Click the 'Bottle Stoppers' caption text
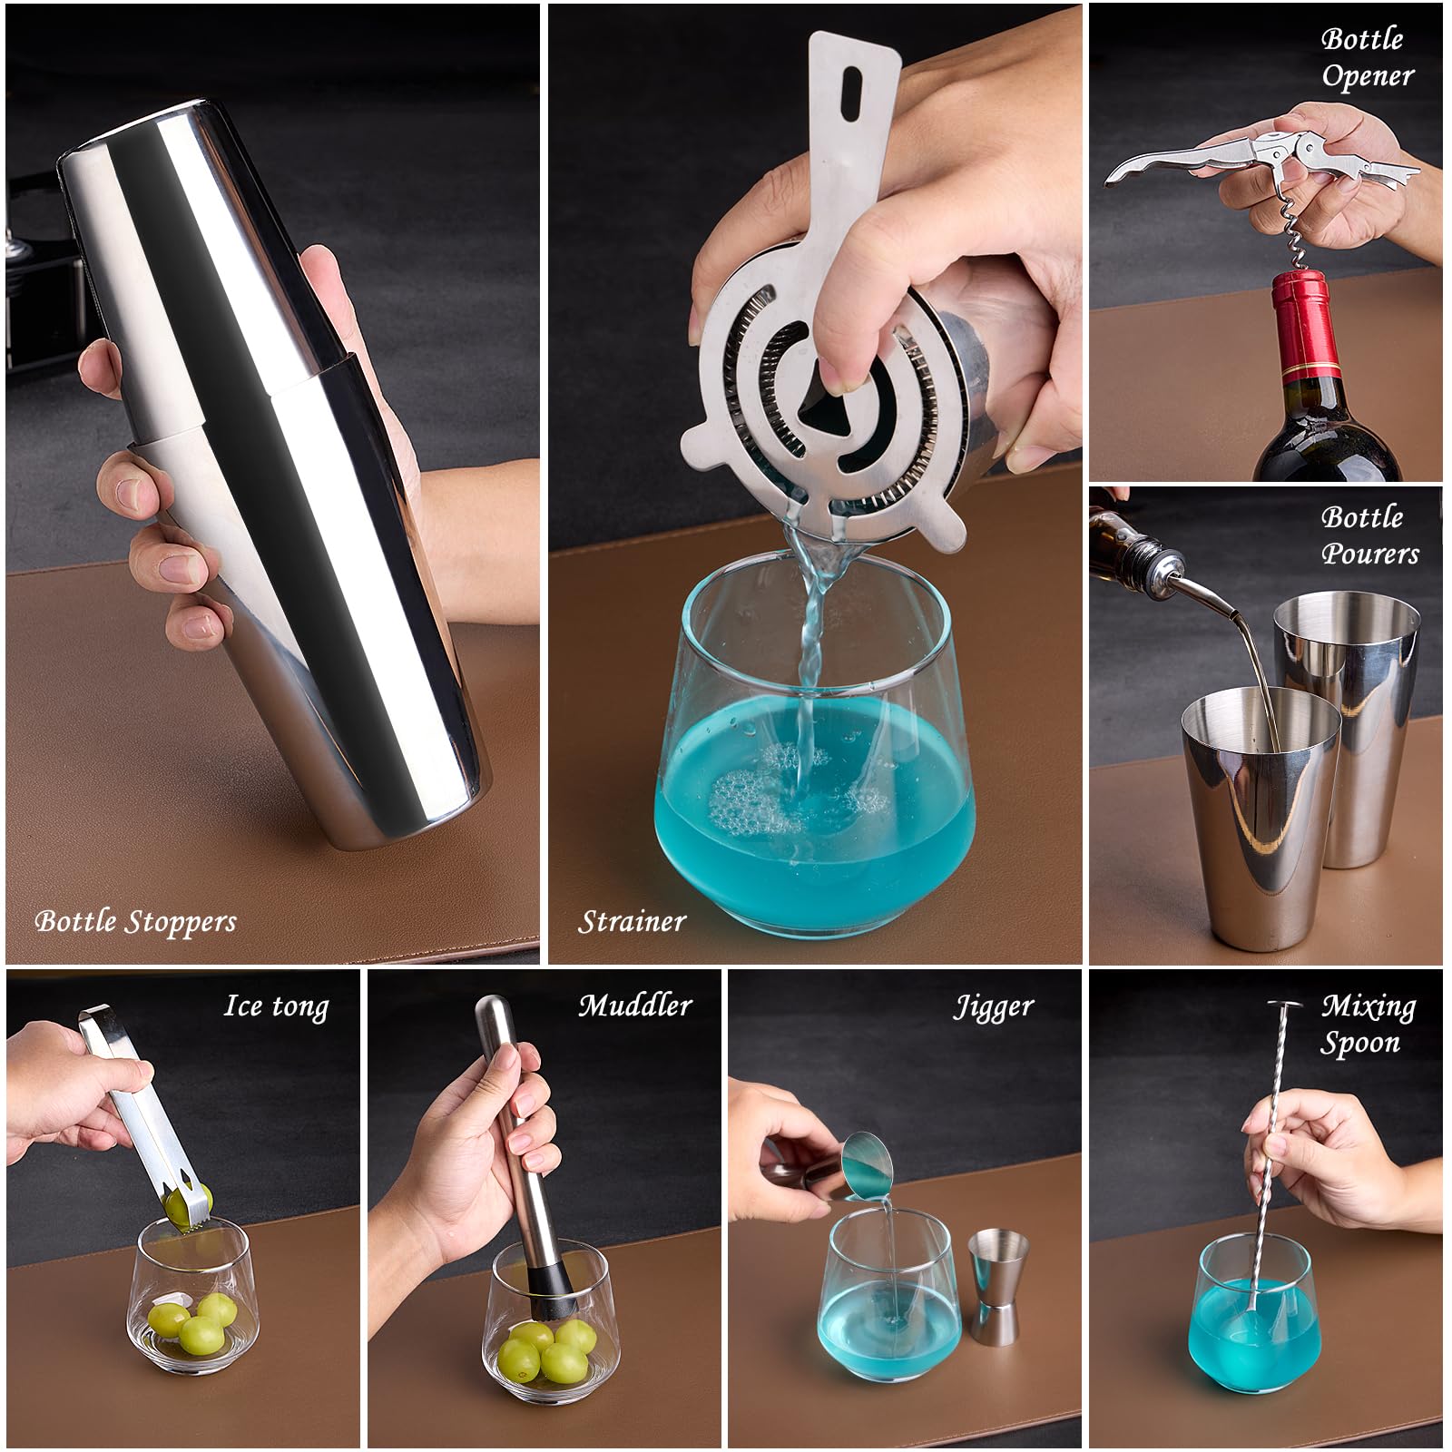[x=135, y=922]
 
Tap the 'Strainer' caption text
[x=632, y=922]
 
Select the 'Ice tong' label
[x=276, y=1006]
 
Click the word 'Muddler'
[x=635, y=1006]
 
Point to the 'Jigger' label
[x=993, y=1007]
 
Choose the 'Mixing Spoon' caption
[x=1367, y=1024]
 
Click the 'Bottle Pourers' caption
[x=1369, y=535]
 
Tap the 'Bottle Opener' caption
[x=1367, y=56]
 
